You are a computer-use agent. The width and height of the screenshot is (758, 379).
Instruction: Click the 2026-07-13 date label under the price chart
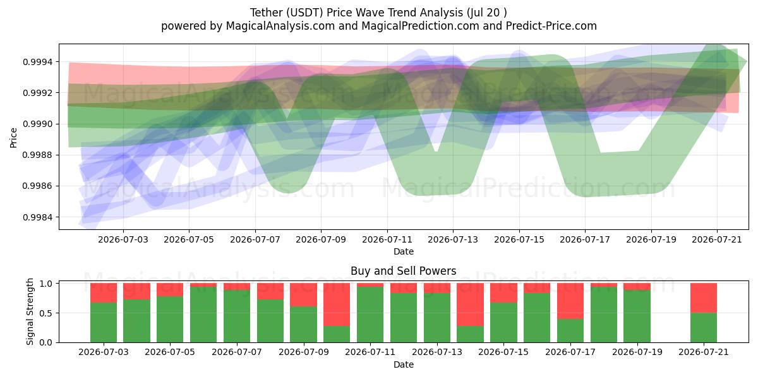(x=453, y=240)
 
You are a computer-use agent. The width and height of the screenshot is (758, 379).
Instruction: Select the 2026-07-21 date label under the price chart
(x=717, y=240)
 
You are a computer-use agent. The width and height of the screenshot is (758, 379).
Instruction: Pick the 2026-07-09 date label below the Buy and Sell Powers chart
(x=304, y=352)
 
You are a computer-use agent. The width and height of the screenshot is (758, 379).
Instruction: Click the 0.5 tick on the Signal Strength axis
(x=46, y=313)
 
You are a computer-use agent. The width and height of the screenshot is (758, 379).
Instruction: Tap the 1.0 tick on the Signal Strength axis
(x=46, y=284)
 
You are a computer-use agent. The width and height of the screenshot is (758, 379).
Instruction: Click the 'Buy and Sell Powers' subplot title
(x=404, y=271)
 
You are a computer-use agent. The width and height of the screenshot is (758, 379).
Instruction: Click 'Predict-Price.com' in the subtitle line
(x=551, y=26)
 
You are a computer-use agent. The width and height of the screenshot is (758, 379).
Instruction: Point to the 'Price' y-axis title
(x=13, y=138)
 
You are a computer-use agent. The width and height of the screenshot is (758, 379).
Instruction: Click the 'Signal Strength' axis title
(x=30, y=311)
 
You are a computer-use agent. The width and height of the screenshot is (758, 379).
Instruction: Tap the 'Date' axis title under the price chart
(x=404, y=252)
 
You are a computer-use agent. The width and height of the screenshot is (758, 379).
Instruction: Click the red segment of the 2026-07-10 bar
(x=337, y=304)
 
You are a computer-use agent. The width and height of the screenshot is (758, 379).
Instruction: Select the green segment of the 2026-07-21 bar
(x=704, y=328)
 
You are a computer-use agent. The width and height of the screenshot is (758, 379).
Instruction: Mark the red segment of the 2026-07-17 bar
(x=570, y=301)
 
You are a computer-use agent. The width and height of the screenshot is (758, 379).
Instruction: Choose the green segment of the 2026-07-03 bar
(x=104, y=323)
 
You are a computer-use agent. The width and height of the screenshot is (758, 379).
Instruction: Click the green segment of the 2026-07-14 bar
(x=470, y=334)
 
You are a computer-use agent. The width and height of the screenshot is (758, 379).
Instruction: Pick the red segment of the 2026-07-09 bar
(x=304, y=295)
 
